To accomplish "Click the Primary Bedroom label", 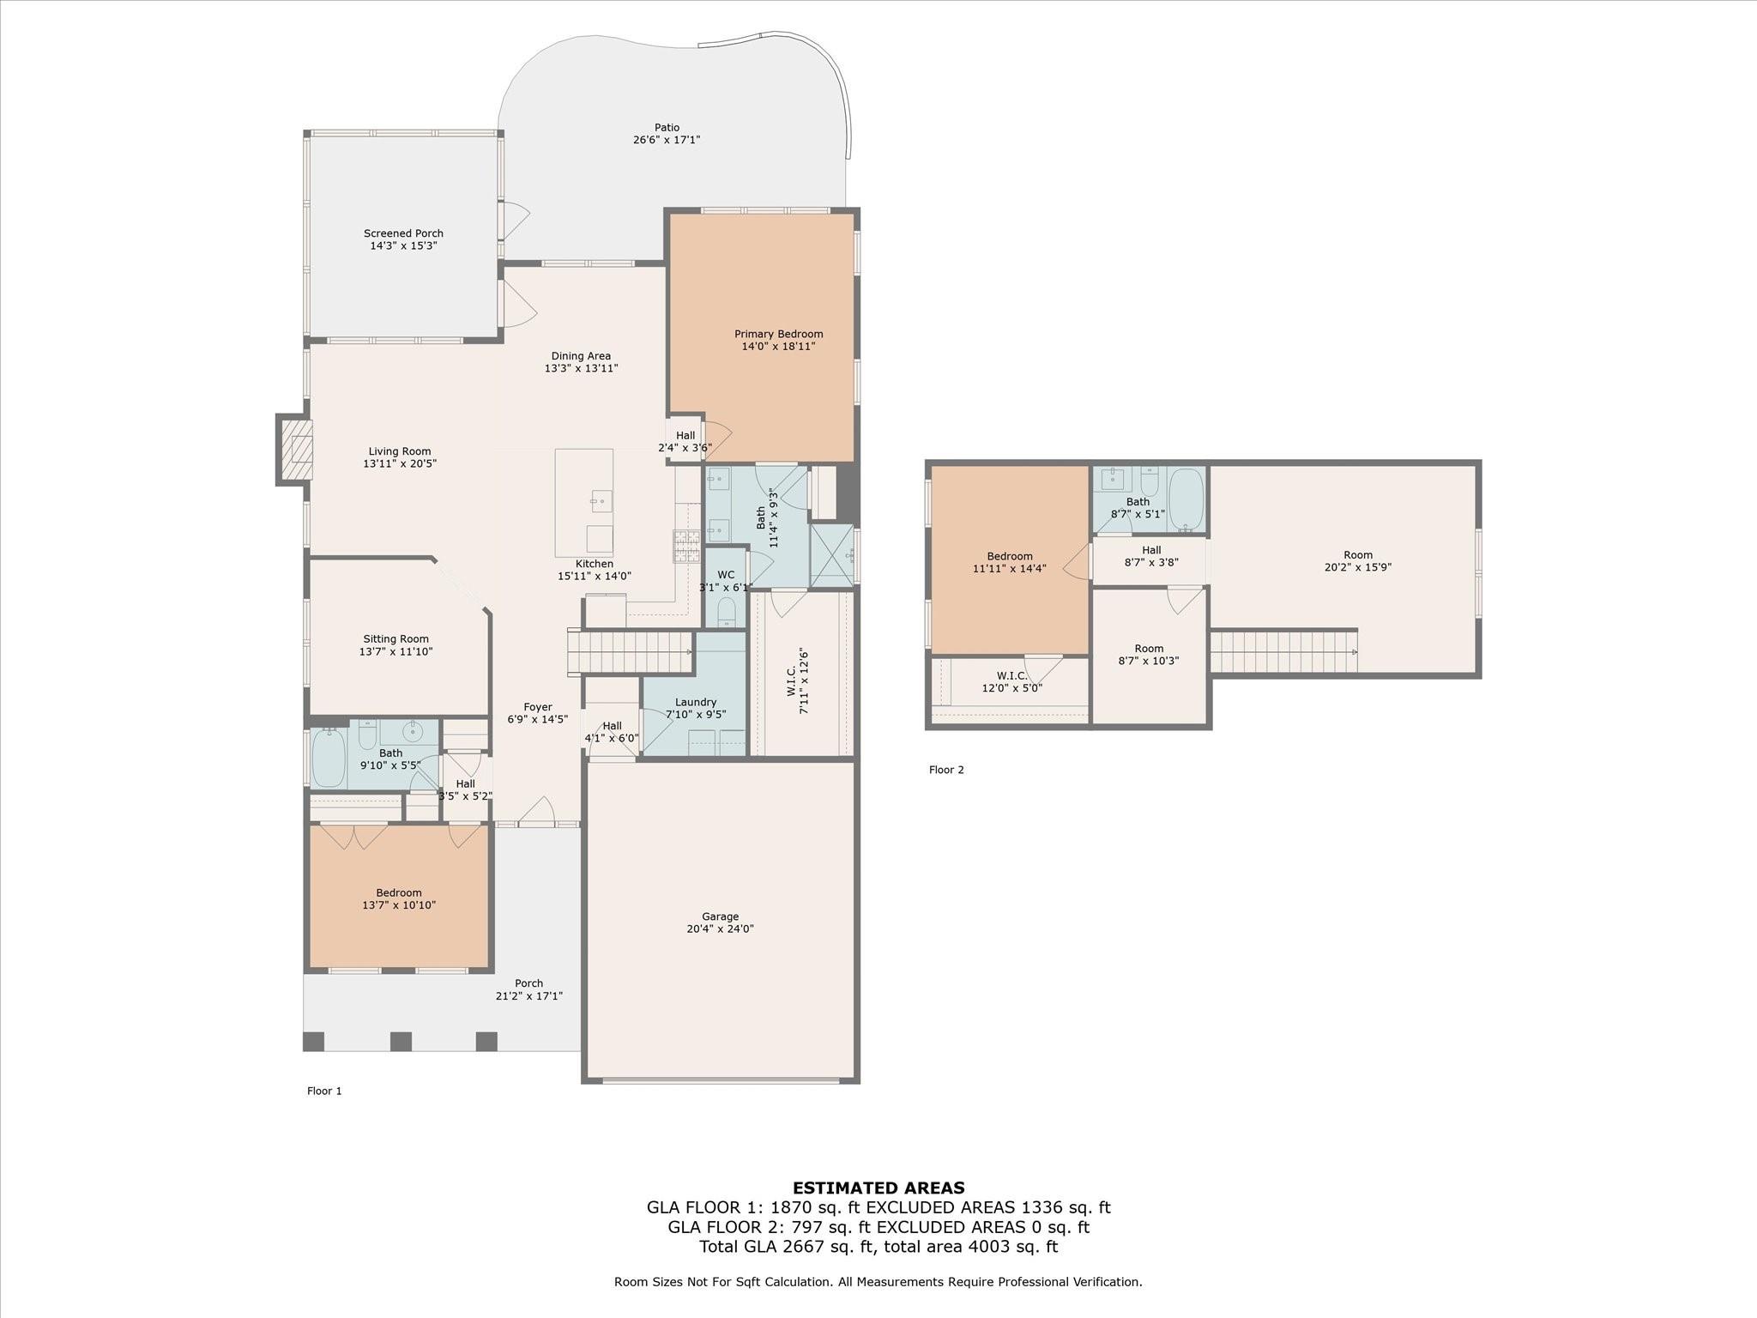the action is [x=778, y=334].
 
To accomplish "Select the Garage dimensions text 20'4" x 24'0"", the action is [x=720, y=928].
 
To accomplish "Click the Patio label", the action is [x=667, y=128].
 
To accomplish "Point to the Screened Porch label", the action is [x=403, y=233].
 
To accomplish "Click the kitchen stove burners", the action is [x=686, y=547].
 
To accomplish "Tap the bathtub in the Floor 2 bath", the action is [x=1186, y=499].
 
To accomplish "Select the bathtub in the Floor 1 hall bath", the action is [x=329, y=758].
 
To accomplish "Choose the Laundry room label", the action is [x=695, y=702].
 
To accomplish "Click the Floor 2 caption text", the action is [x=946, y=770].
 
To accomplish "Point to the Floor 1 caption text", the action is [x=324, y=1091].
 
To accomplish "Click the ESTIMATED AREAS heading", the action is [x=878, y=1188].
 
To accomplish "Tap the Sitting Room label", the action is [x=395, y=639].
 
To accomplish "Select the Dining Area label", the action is [x=581, y=356].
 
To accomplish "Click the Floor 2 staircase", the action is [x=1283, y=652].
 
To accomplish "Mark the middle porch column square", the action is [x=401, y=1042].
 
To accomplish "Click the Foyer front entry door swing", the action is [x=537, y=812].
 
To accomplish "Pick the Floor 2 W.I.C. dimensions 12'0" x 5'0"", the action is [x=1011, y=687].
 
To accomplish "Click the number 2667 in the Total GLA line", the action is [x=793, y=1247].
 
